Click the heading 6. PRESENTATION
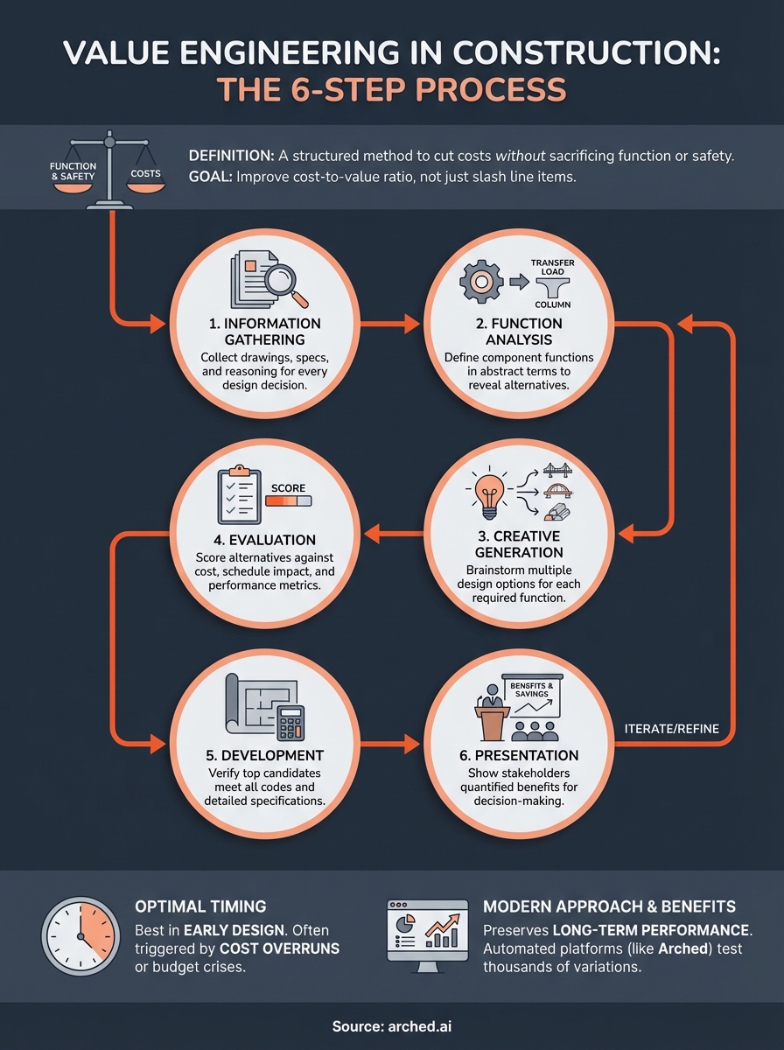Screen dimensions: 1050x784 click(x=523, y=755)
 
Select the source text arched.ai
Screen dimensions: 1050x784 click(x=419, y=1025)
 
